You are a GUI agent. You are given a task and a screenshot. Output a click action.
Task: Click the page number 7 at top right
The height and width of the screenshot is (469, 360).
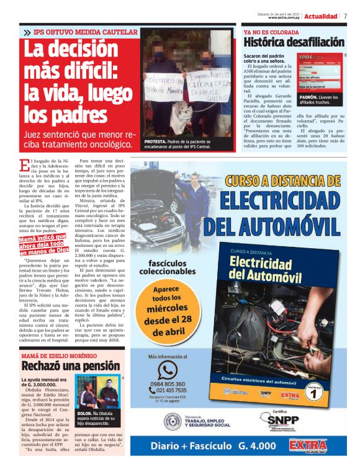point(346,16)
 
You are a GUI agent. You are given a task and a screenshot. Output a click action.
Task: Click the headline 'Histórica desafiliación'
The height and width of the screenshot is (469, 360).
point(293,43)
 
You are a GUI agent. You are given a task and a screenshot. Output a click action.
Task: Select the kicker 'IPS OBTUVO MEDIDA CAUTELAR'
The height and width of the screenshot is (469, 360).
point(85,32)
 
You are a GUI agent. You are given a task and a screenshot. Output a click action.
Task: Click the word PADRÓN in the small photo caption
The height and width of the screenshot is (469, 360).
point(308,97)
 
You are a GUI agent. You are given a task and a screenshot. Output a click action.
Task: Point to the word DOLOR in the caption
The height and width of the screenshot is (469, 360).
point(85,413)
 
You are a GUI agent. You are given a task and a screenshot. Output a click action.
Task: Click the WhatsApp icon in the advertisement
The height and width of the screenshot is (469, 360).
point(168,370)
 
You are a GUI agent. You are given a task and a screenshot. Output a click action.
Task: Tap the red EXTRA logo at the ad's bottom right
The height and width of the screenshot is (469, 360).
point(308,445)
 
